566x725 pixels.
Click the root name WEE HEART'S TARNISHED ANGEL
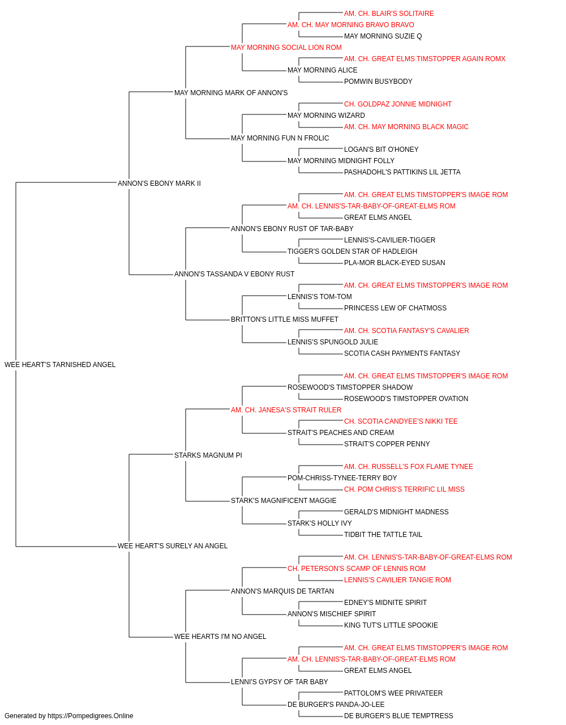(60, 365)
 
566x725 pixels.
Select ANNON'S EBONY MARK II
(159, 183)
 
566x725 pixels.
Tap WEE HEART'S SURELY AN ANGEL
(172, 546)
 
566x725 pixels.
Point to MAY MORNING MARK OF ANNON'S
(231, 93)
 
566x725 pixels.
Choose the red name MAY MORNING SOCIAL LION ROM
(286, 48)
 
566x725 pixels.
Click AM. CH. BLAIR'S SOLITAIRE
(389, 14)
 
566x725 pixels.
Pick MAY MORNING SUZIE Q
(383, 36)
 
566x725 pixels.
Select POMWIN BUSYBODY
(378, 82)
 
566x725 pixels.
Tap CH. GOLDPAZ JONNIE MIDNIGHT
(398, 104)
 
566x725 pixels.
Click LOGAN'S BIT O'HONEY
(381, 150)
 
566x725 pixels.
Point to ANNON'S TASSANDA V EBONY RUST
(234, 274)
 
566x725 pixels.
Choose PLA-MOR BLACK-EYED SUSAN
(395, 263)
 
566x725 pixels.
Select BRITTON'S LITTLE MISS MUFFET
(284, 319)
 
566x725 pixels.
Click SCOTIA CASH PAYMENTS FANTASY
(402, 353)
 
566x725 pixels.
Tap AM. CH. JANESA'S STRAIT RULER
(286, 410)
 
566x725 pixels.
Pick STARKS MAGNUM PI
(208, 455)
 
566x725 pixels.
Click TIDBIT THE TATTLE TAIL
(383, 535)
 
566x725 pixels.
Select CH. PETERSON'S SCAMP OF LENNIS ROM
(357, 569)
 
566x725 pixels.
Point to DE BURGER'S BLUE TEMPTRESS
(398, 716)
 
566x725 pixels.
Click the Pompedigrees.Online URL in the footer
(90, 716)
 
